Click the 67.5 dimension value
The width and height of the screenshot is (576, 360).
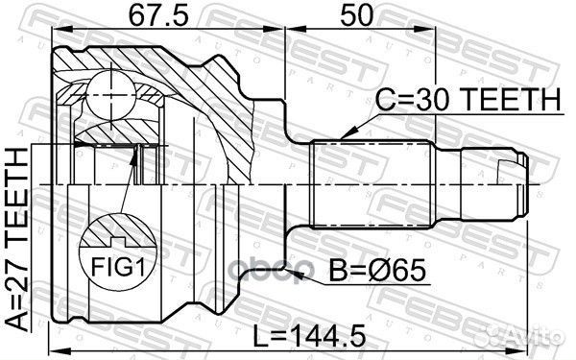[158, 16]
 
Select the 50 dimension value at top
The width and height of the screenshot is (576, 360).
[356, 16]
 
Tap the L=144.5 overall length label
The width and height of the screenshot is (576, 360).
[310, 335]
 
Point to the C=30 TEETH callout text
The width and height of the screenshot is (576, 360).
[468, 100]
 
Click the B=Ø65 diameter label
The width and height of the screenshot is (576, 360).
[378, 272]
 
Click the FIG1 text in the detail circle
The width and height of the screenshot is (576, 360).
[118, 267]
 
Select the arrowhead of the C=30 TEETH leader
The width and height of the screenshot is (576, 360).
[348, 133]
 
